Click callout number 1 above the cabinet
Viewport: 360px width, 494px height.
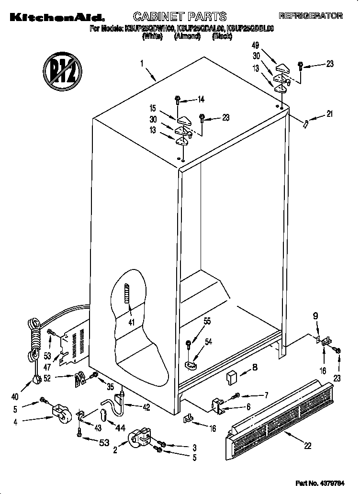coord(142,63)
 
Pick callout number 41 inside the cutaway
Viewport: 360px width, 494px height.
coord(130,322)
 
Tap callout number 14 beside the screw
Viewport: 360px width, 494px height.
coord(201,100)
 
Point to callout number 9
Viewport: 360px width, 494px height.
coord(315,316)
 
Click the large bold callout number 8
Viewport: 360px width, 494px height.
coord(255,368)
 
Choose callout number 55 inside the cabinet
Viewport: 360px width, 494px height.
coord(207,322)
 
